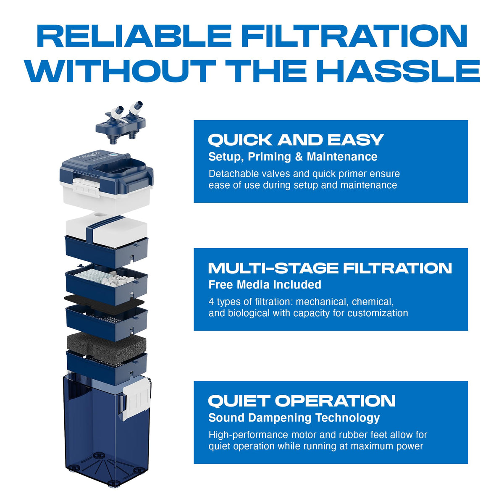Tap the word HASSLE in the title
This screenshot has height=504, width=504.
[400, 71]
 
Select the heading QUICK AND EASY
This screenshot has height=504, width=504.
[296, 140]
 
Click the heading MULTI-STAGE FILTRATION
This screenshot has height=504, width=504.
[330, 268]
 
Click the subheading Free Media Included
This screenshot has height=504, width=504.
[265, 285]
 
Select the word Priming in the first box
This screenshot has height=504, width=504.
[269, 157]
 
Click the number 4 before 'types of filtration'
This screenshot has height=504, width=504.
[211, 302]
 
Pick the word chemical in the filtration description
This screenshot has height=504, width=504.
[373, 302]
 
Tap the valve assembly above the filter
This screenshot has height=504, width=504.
[121, 122]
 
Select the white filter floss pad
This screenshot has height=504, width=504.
[106, 229]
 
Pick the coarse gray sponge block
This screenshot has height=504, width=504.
[106, 346]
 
